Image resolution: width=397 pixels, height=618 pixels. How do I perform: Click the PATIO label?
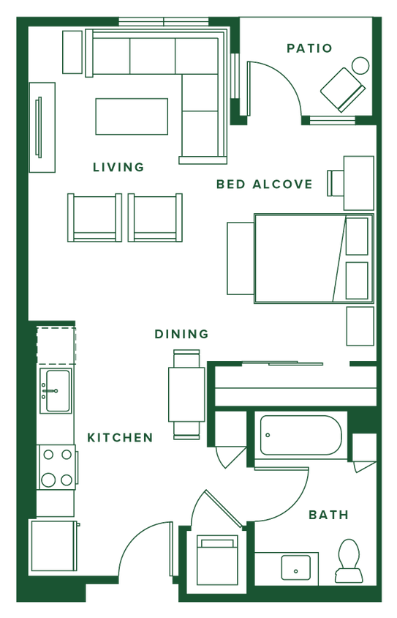[310, 48]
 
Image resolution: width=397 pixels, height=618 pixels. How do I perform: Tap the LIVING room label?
[118, 168]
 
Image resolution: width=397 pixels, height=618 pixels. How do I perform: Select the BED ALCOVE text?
[265, 185]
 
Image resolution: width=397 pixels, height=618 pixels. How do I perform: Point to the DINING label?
[182, 334]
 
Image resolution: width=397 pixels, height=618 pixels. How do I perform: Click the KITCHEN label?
[120, 438]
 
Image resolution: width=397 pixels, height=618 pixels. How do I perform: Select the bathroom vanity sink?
[298, 565]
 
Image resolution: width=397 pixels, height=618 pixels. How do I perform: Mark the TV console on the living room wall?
[43, 128]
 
